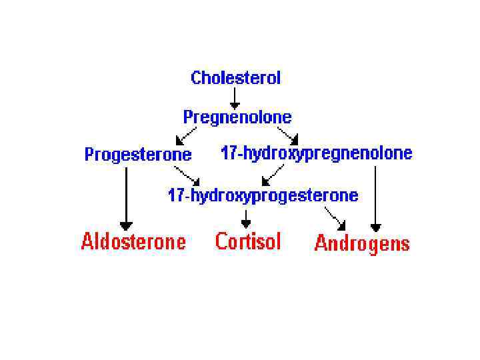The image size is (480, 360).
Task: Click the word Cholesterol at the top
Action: click(235, 78)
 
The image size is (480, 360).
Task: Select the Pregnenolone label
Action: click(237, 117)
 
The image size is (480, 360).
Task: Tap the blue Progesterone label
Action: click(137, 155)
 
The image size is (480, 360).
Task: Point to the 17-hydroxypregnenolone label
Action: click(316, 153)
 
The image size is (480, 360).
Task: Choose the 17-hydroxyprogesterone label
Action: click(263, 195)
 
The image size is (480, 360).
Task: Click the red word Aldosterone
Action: click(133, 241)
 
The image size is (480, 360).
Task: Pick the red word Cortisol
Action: click(248, 241)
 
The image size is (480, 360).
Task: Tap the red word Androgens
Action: click(361, 243)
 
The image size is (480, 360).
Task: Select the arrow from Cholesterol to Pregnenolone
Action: click(235, 97)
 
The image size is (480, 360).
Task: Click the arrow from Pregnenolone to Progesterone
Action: click(186, 135)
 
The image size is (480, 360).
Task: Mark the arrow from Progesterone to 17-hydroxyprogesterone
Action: click(187, 176)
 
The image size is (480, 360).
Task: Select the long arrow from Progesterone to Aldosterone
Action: click(126, 197)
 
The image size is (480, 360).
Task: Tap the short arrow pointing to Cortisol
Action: click(246, 218)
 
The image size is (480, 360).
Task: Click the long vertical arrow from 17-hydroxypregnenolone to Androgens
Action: click(375, 197)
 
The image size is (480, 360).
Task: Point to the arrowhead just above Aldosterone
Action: click(126, 226)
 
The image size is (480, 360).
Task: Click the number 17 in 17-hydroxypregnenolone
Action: click(227, 153)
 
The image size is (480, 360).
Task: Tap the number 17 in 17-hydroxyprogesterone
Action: click(175, 195)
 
